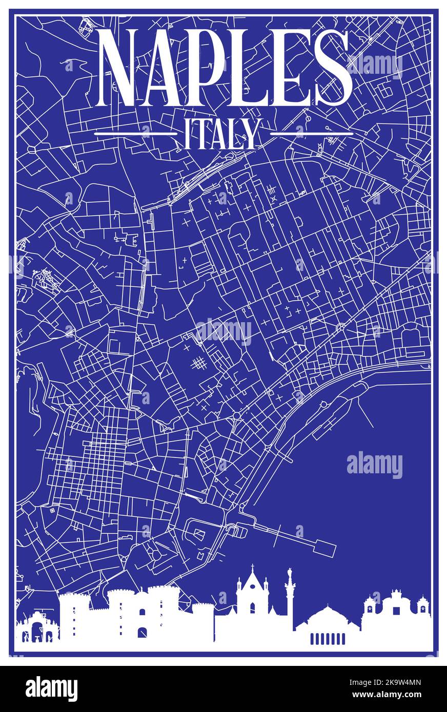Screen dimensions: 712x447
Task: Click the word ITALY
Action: pos(223,134)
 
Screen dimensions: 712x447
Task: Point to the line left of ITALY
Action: pos(136,134)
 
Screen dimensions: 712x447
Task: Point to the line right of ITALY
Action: pos(311,134)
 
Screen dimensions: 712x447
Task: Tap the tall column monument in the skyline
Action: pos(290,597)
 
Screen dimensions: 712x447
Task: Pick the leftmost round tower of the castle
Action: pos(74,617)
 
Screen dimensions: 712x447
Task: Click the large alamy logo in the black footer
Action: pos(51,688)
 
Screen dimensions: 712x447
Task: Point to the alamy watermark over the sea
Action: pos(374,465)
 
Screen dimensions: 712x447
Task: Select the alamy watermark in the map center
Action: pos(223,331)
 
